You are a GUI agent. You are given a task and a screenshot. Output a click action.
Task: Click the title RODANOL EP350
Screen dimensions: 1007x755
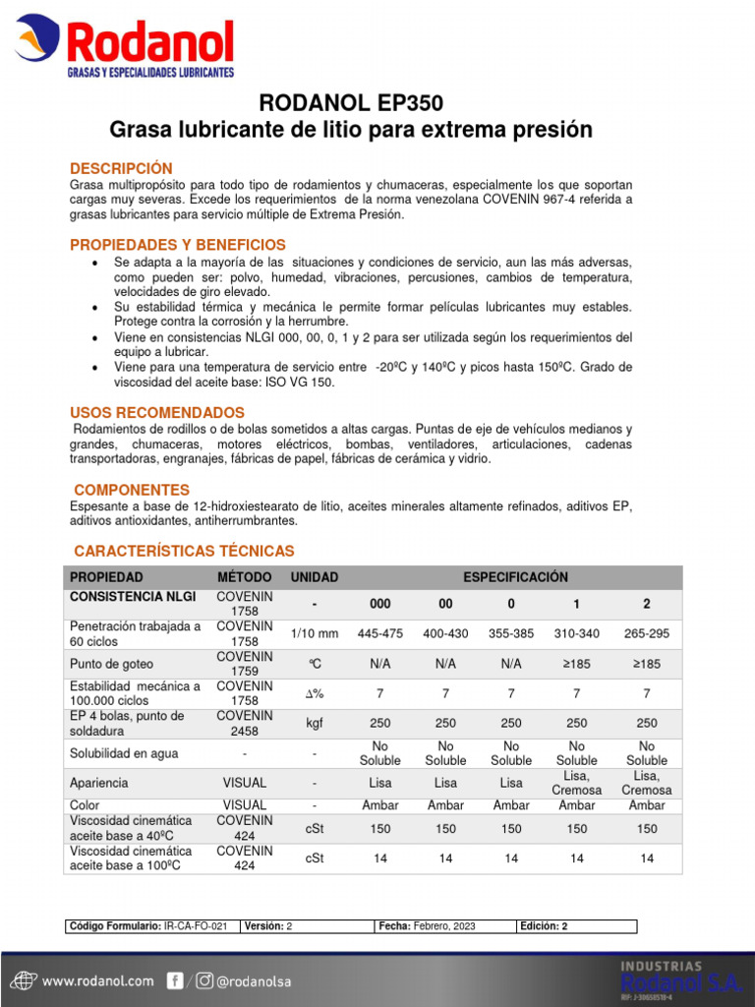[x=351, y=104]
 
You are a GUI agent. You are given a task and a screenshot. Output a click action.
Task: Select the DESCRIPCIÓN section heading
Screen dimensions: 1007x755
[x=121, y=168]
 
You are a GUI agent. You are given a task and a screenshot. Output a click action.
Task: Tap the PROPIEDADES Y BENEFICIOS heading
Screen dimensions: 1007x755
[x=178, y=244]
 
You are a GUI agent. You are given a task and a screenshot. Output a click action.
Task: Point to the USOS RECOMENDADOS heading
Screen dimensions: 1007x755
[x=157, y=412]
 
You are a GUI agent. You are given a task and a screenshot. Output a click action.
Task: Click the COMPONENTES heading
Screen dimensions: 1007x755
[x=133, y=489]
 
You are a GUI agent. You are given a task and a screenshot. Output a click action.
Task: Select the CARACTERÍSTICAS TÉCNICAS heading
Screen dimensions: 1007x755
[x=184, y=551]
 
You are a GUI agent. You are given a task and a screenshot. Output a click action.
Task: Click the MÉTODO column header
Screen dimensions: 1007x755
[x=244, y=577]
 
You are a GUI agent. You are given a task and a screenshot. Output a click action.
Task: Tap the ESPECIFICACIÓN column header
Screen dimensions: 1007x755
[x=515, y=577]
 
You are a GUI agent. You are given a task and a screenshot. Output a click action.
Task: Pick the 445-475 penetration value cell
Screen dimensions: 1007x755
[x=380, y=634]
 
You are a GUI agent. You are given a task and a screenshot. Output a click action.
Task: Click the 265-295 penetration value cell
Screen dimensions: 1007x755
[x=647, y=634]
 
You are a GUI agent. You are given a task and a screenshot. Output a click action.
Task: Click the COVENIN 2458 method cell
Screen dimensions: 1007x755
[x=244, y=723]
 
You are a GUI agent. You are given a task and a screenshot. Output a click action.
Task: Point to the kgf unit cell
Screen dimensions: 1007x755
[x=315, y=723]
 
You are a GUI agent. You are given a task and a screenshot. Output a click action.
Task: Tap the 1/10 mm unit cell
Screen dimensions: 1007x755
[x=315, y=634]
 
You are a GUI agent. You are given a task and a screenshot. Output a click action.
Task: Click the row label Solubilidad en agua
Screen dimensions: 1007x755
[x=123, y=753]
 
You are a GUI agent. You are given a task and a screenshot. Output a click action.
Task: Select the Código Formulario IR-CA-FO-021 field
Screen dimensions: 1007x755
[x=152, y=926]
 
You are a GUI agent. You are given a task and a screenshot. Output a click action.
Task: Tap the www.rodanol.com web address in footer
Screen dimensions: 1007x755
[x=97, y=980]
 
